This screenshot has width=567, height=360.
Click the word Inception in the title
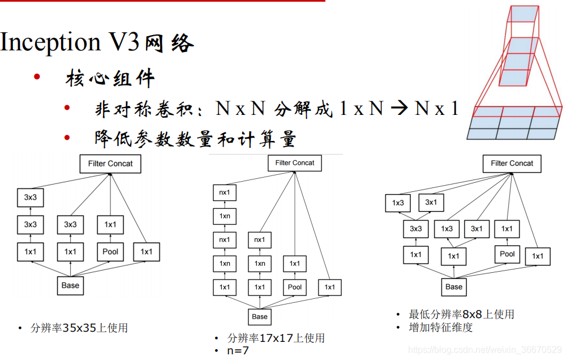[50, 42]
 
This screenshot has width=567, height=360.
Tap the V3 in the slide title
[125, 42]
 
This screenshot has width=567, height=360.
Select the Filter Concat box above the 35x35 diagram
[110, 164]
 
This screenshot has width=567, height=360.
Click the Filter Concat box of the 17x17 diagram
[294, 163]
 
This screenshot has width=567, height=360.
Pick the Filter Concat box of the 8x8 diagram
[512, 164]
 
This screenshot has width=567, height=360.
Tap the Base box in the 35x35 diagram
[70, 285]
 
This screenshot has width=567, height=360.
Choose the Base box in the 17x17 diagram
[260, 316]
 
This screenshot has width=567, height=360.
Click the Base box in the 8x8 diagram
[454, 286]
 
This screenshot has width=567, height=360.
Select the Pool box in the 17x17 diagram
[295, 287]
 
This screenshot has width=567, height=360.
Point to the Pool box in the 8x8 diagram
[507, 254]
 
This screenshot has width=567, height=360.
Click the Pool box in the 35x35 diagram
[110, 251]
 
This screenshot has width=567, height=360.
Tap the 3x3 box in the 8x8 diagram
[415, 229]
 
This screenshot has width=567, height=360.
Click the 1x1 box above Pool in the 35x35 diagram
[110, 225]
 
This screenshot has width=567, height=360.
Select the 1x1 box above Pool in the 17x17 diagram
[295, 263]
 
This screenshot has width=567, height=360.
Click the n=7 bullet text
[238, 350]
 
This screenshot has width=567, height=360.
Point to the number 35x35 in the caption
[80, 328]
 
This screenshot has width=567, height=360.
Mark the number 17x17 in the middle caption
[276, 338]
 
